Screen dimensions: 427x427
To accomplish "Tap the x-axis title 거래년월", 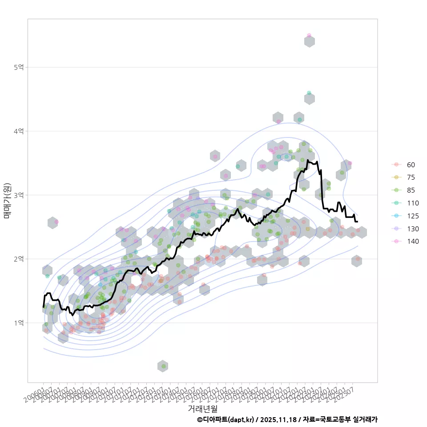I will [x=202, y=408].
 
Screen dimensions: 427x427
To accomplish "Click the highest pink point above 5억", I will [x=309, y=36].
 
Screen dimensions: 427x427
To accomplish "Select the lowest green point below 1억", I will [x=163, y=366].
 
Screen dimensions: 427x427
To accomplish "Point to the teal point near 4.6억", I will [x=309, y=93].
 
